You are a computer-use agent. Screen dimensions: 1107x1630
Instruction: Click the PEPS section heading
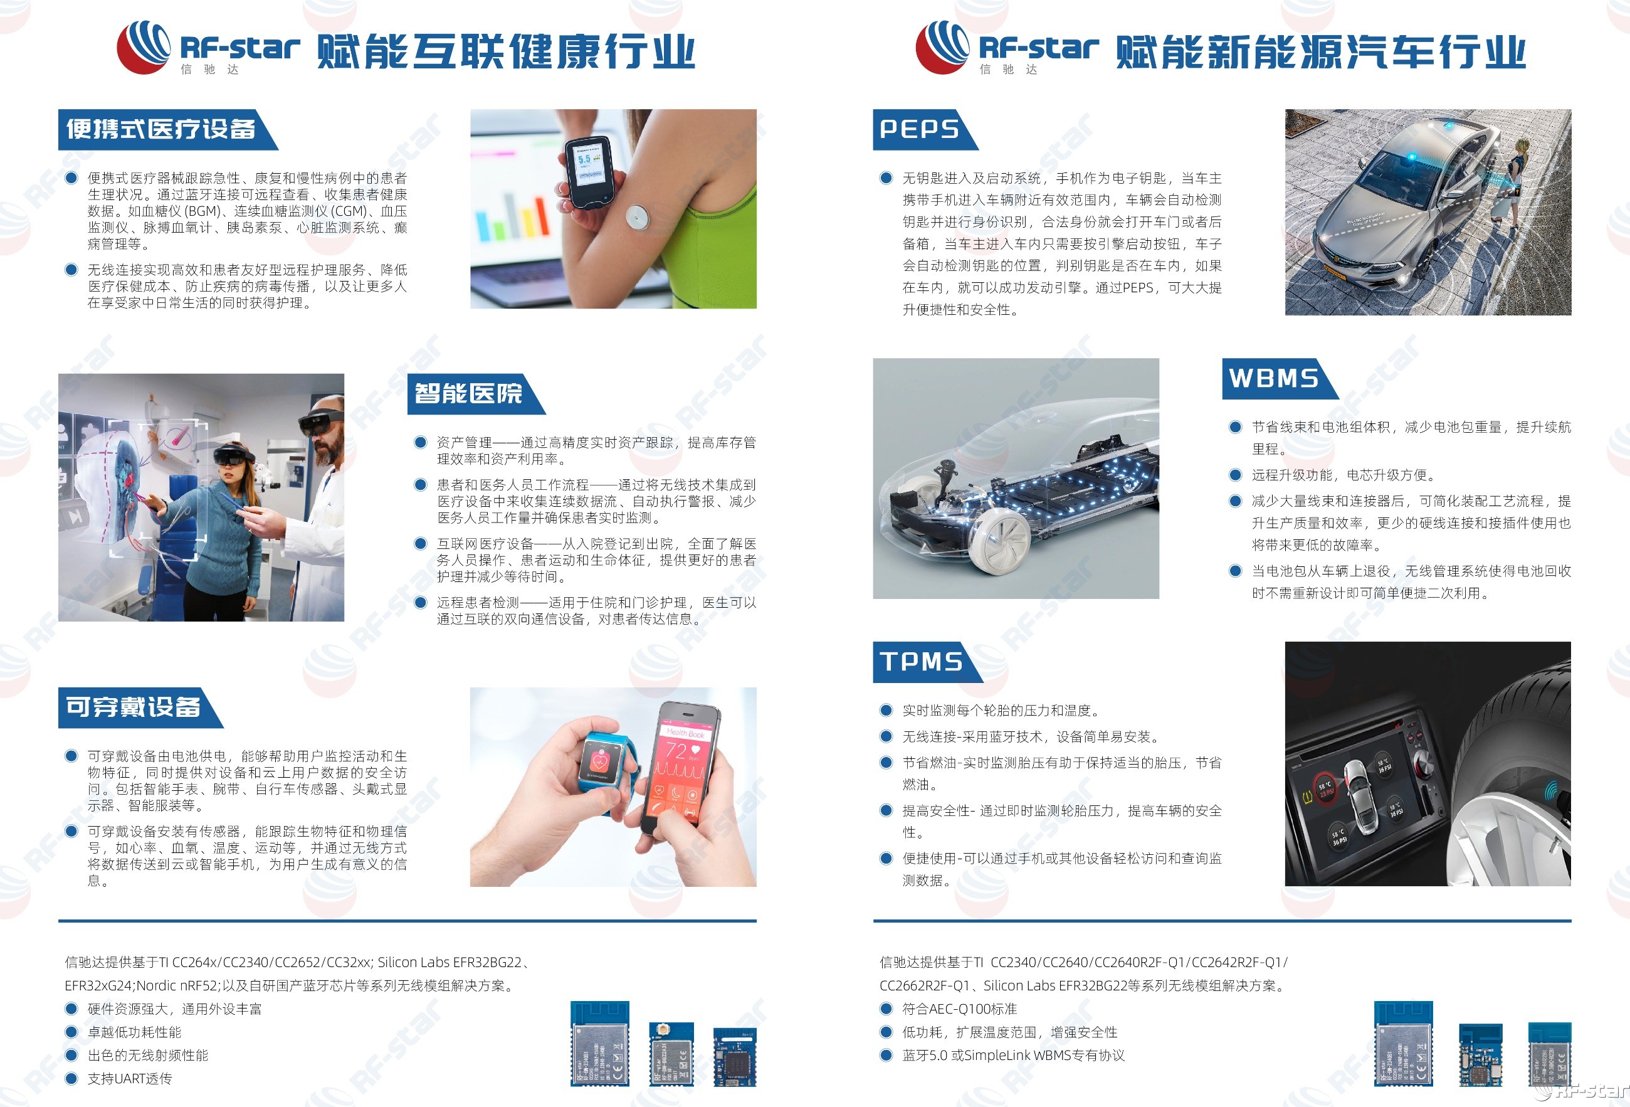pyautogui.click(x=920, y=129)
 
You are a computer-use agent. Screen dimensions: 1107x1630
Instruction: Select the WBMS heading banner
pyautogui.click(x=1274, y=379)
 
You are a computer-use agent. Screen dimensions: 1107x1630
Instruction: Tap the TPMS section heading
pyautogui.click(x=922, y=662)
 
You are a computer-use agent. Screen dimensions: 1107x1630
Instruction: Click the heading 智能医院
pyautogui.click(x=468, y=393)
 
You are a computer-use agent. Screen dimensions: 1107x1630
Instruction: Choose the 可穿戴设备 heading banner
pyautogui.click(x=134, y=707)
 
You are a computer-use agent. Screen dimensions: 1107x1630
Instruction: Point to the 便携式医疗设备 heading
pyautogui.click(x=160, y=129)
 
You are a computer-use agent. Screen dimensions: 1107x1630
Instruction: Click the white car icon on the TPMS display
pyautogui.click(x=1360, y=800)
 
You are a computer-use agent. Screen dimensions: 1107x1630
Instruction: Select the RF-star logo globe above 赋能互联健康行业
pyautogui.click(x=144, y=47)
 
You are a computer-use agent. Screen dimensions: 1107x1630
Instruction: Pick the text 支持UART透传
pyautogui.click(x=130, y=1078)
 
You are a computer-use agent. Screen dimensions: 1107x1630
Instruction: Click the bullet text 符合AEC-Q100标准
pyautogui.click(x=959, y=1009)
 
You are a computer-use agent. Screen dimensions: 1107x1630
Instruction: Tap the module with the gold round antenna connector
pyautogui.click(x=671, y=1054)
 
